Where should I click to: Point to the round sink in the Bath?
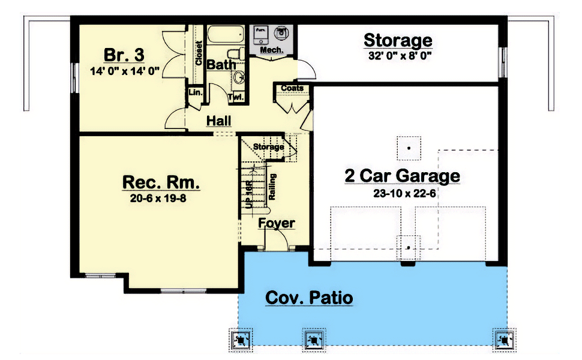[238, 77]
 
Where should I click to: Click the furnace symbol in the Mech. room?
[262, 33]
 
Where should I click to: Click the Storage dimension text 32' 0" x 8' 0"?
[398, 57]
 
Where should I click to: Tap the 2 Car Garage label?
[402, 176]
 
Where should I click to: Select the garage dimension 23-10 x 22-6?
[402, 193]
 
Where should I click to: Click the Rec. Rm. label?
[161, 182]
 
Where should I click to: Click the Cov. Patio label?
[308, 298]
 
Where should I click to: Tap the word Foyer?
[277, 223]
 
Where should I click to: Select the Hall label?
[218, 121]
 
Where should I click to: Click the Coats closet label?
[292, 88]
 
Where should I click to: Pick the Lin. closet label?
[195, 92]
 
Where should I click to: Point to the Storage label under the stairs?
[268, 146]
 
